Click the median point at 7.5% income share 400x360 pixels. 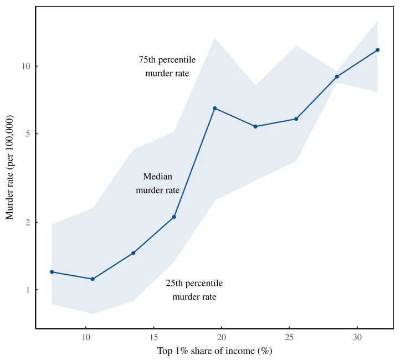pyautogui.click(x=52, y=272)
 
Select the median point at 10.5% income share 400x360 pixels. pyautogui.click(x=93, y=279)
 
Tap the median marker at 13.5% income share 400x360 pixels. pyautogui.click(x=134, y=253)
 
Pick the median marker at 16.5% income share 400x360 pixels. pyautogui.click(x=174, y=217)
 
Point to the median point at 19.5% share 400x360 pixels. pyautogui.click(x=215, y=108)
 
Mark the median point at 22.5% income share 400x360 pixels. pyautogui.click(x=255, y=126)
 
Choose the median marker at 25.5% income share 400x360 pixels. pyautogui.click(x=296, y=119)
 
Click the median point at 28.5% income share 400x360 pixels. pyautogui.click(x=337, y=76)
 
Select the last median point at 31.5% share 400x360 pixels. pyautogui.click(x=378, y=50)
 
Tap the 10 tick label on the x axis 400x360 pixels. pyautogui.click(x=86, y=337)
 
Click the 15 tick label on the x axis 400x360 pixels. pyautogui.click(x=154, y=337)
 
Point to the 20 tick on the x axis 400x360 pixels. pyautogui.click(x=222, y=337)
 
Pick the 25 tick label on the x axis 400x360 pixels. pyautogui.click(x=290, y=337)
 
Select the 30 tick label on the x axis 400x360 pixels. pyautogui.click(x=357, y=337)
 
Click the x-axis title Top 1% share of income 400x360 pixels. pyautogui.click(x=215, y=351)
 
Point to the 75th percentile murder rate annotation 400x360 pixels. pyautogui.click(x=167, y=66)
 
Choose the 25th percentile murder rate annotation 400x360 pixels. pyautogui.click(x=194, y=290)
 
